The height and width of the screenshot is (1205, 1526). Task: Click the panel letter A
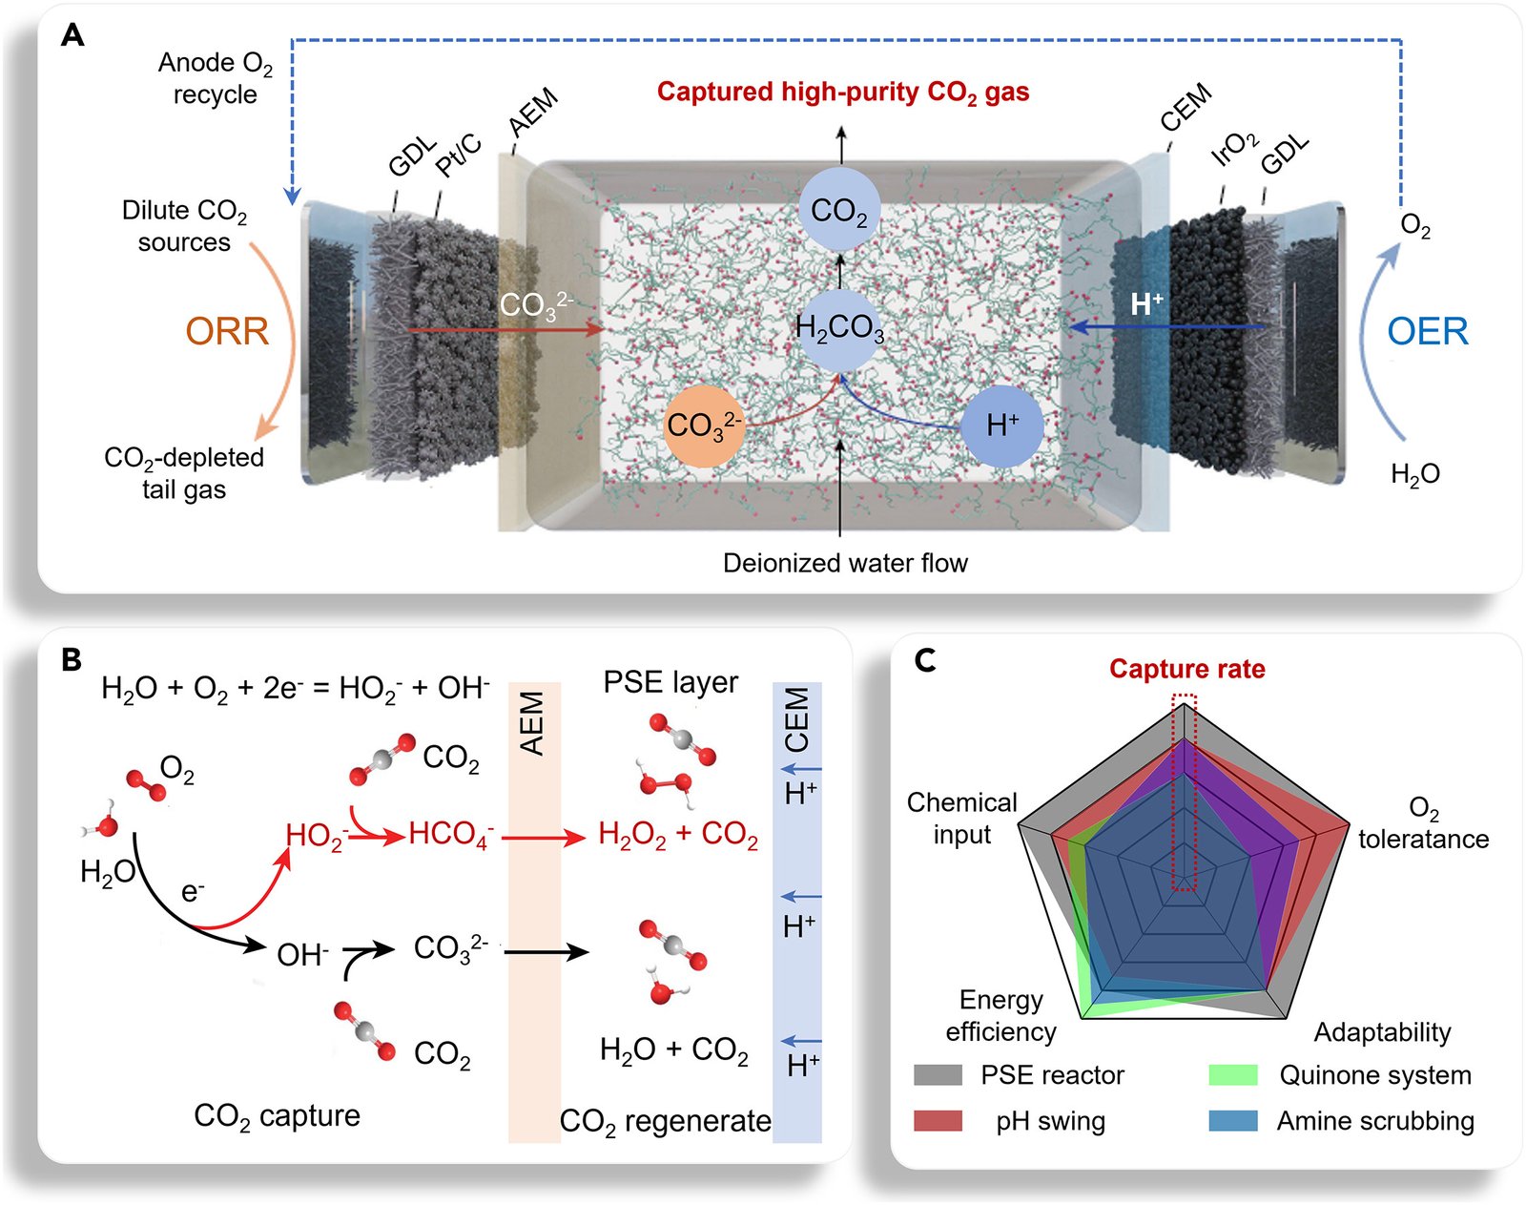(72, 34)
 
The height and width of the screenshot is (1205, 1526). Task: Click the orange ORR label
(227, 331)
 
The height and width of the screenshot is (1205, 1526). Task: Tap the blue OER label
(1428, 331)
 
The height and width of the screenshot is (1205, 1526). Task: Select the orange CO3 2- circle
(704, 426)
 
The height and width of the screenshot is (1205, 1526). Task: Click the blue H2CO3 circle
(839, 329)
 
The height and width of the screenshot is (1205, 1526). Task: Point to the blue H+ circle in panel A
(1002, 426)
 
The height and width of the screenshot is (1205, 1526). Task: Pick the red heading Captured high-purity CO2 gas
(843, 93)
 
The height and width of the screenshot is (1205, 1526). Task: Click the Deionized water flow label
(845, 563)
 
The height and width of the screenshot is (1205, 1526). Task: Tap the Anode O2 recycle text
(216, 78)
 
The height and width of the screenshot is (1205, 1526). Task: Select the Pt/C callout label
(459, 155)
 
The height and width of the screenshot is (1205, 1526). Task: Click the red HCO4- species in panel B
(451, 835)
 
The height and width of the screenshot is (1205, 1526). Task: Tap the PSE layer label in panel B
(670, 682)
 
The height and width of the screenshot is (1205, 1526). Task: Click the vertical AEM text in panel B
(532, 723)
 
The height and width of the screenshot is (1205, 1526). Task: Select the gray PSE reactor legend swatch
(938, 1075)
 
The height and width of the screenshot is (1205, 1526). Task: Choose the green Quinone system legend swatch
(1233, 1075)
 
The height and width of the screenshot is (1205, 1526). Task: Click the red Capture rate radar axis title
(1187, 669)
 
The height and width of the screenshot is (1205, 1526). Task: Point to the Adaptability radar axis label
(1382, 1032)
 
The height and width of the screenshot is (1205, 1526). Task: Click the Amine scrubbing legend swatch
(1233, 1121)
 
